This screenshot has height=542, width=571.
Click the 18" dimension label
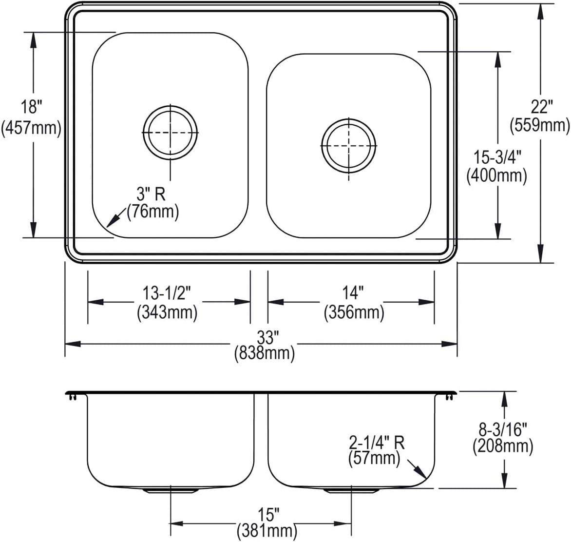[x=31, y=107]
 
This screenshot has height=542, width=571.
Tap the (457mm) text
[x=31, y=128]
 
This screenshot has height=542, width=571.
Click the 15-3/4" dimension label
[x=497, y=158]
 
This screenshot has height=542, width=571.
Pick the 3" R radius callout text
[x=151, y=194]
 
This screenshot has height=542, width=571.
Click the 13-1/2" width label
[x=167, y=293]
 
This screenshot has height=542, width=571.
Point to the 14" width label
[x=353, y=293]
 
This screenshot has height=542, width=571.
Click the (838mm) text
[x=265, y=353]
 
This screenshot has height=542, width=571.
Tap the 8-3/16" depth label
[x=502, y=430]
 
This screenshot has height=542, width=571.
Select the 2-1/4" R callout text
[x=377, y=443]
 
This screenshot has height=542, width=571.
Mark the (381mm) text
[x=267, y=531]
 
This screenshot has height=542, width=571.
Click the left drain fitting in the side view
[x=170, y=490]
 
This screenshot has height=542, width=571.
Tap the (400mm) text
[x=497, y=176]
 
